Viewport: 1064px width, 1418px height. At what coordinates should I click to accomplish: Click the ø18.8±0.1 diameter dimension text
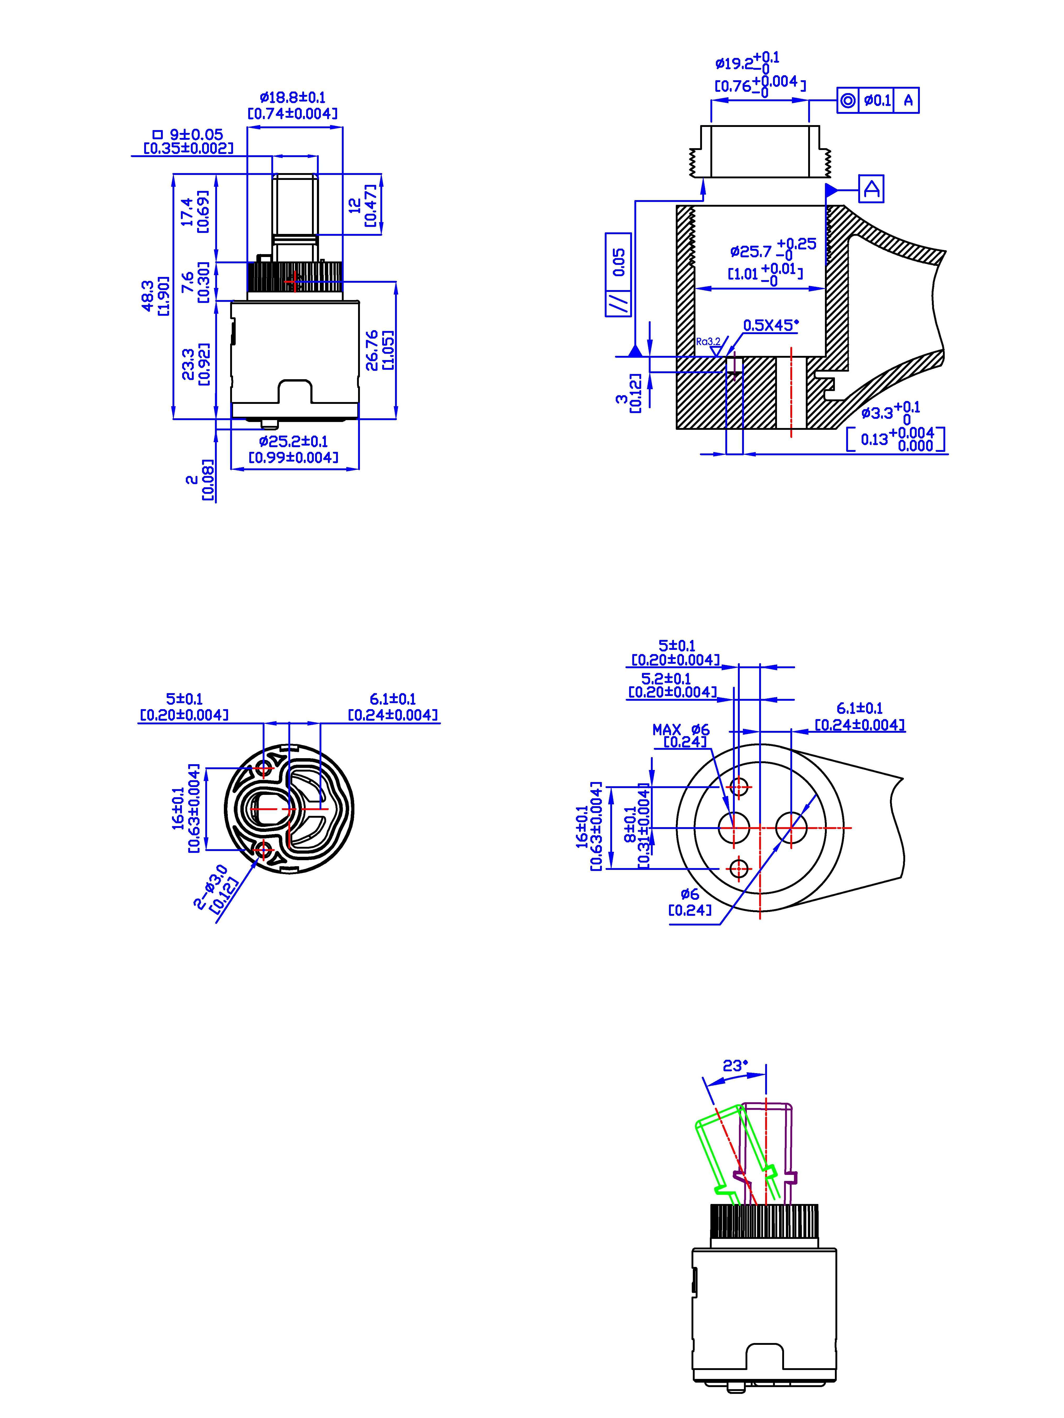click(x=293, y=98)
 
